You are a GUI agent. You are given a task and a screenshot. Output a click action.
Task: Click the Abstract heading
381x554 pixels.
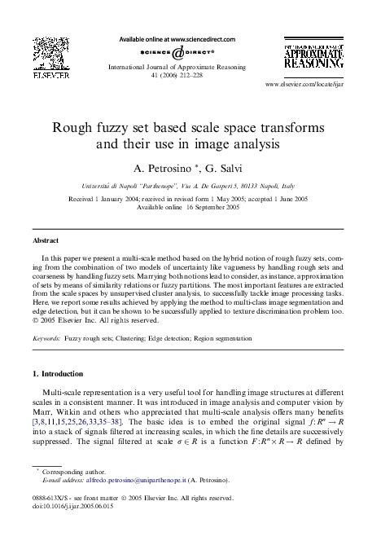[45, 241]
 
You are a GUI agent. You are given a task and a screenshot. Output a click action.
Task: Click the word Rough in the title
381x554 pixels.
[72, 129]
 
